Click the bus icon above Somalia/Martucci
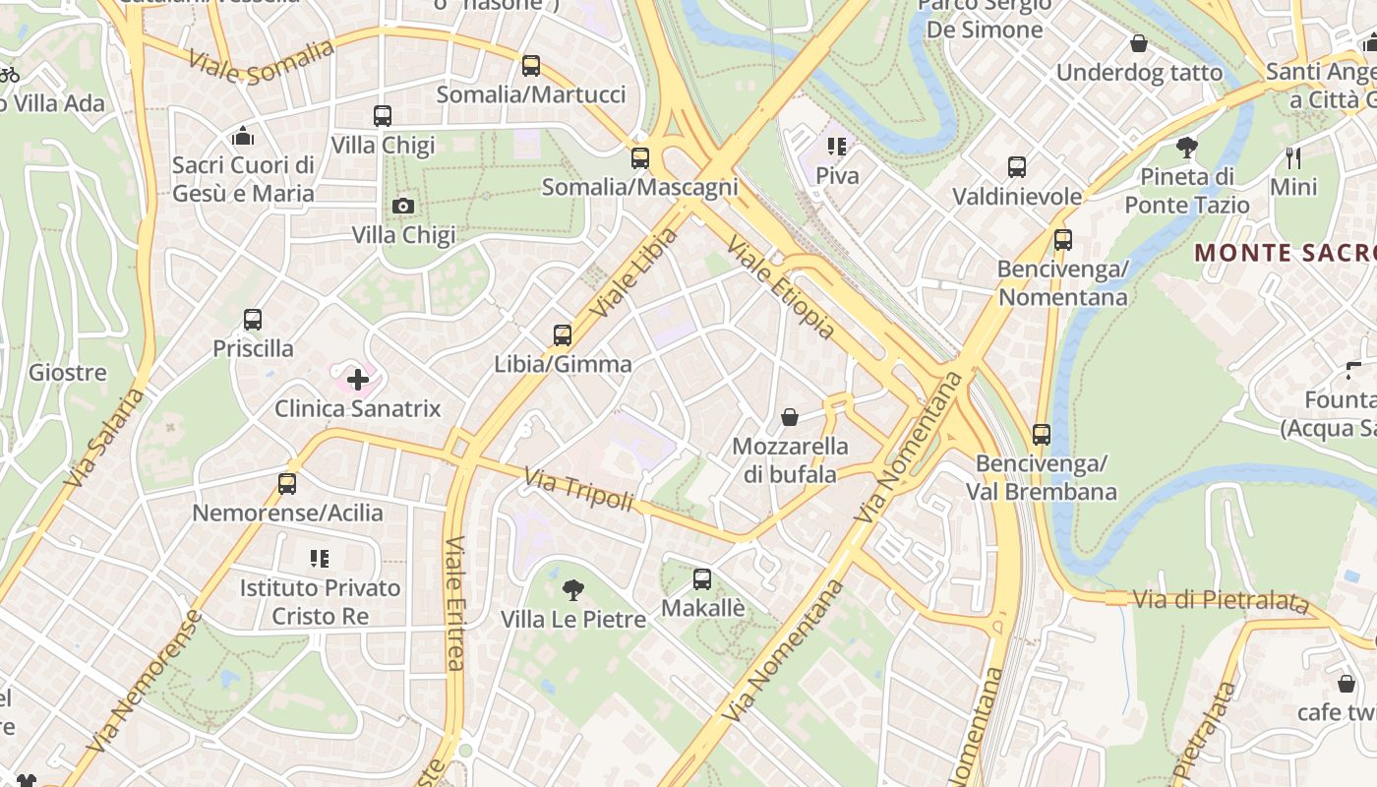tap(531, 66)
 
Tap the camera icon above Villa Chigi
tap(403, 206)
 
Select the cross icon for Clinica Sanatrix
tap(358, 379)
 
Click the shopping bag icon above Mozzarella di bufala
tap(789, 417)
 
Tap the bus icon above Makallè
tap(702, 579)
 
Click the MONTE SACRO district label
tap(1285, 253)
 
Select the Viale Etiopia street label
tap(781, 286)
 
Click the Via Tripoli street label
tap(578, 490)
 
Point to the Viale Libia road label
tap(635, 272)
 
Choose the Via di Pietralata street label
tap(1220, 599)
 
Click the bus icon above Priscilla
tap(253, 320)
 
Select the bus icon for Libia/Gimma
tap(563, 335)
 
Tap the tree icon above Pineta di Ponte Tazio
tap(1187, 148)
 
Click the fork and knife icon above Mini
tap(1293, 157)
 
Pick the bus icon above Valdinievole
tap(1017, 167)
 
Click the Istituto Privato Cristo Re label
tap(321, 602)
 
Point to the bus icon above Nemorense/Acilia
tap(287, 483)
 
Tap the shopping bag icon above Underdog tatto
tap(1139, 43)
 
